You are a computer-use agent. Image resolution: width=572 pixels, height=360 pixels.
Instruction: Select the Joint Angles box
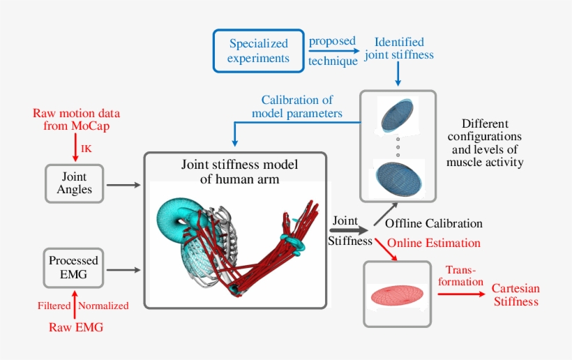click(x=74, y=184)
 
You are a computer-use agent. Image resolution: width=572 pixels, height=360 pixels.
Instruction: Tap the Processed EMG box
click(x=73, y=267)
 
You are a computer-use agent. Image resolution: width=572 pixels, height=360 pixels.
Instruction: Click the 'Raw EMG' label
click(x=76, y=327)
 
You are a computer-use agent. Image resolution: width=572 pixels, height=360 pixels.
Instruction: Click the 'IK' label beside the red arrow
click(x=86, y=149)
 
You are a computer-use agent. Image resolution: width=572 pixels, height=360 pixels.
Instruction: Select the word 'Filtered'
click(x=54, y=306)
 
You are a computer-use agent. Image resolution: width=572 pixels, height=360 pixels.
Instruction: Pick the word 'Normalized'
click(x=104, y=306)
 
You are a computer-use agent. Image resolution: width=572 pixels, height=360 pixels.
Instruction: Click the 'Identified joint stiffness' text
click(x=398, y=48)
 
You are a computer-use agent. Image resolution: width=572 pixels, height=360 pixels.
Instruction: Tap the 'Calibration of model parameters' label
click(x=301, y=107)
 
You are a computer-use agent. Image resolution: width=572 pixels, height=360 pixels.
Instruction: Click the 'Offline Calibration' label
click(x=433, y=224)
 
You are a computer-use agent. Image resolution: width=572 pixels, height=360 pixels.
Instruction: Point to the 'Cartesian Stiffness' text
click(x=515, y=295)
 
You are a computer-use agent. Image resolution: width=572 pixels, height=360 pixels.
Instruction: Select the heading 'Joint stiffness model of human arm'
click(x=235, y=172)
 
